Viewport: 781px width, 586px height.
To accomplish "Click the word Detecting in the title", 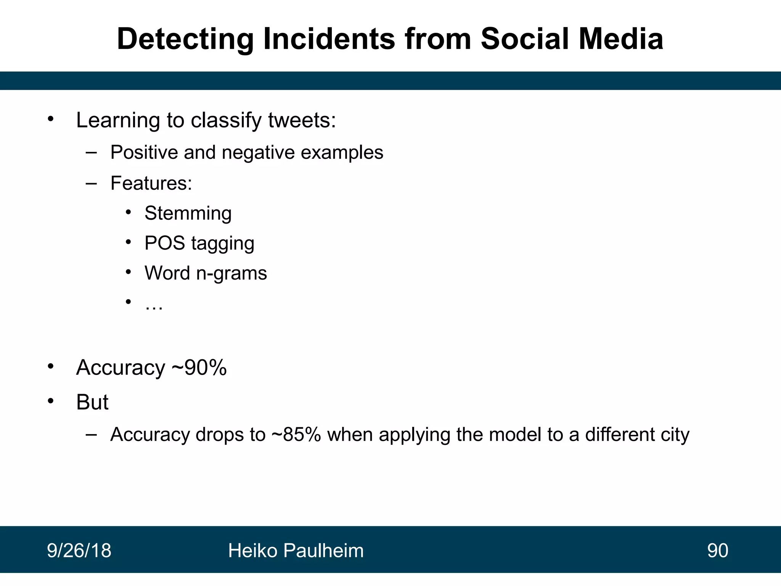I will (x=185, y=39).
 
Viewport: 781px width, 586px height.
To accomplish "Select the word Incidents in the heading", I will (x=329, y=39).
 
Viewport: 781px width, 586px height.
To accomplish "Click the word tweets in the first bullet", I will (x=302, y=121).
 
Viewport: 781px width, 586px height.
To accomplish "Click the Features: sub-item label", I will (x=151, y=183).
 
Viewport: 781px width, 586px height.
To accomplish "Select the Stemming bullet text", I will (x=188, y=213).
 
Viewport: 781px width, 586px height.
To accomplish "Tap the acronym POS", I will (x=165, y=243).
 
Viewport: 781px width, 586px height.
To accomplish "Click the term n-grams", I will (x=231, y=273).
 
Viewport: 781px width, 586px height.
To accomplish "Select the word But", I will (x=92, y=402).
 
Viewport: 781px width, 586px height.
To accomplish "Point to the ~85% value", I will (x=296, y=435).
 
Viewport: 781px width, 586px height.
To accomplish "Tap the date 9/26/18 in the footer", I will (x=79, y=551).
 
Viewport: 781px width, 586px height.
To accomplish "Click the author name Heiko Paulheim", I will (x=296, y=551).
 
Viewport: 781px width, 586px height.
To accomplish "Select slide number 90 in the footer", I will (x=717, y=551).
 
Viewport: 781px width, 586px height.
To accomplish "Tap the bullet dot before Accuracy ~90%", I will (x=51, y=367).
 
